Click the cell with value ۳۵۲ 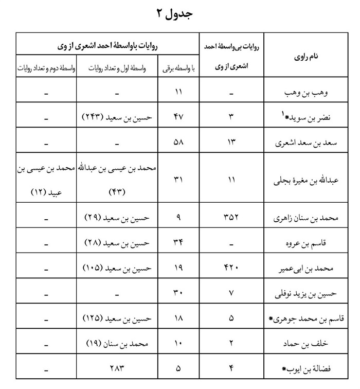click(x=231, y=218)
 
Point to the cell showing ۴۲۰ click(x=231, y=268)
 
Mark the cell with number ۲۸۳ click(x=118, y=368)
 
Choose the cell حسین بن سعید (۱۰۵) click(x=118, y=268)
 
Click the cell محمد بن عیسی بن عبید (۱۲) click(x=46, y=180)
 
